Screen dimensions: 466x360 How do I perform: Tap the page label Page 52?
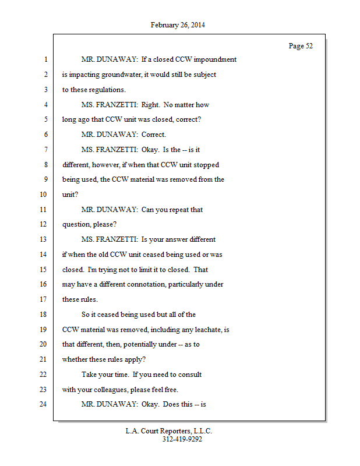click(301, 46)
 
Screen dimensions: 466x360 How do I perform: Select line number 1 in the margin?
click(45, 60)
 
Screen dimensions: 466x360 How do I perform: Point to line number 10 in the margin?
click(43, 195)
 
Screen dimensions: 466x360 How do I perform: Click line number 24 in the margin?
click(43, 404)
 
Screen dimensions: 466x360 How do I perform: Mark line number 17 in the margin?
click(43, 299)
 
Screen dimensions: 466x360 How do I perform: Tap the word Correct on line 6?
click(154, 135)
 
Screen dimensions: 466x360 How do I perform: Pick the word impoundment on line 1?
click(216, 60)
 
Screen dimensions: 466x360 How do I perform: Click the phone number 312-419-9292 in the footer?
click(182, 439)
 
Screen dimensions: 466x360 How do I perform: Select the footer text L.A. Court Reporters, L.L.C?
click(169, 431)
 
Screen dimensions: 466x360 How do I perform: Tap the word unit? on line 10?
click(70, 195)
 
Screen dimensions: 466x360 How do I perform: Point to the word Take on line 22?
click(90, 374)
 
